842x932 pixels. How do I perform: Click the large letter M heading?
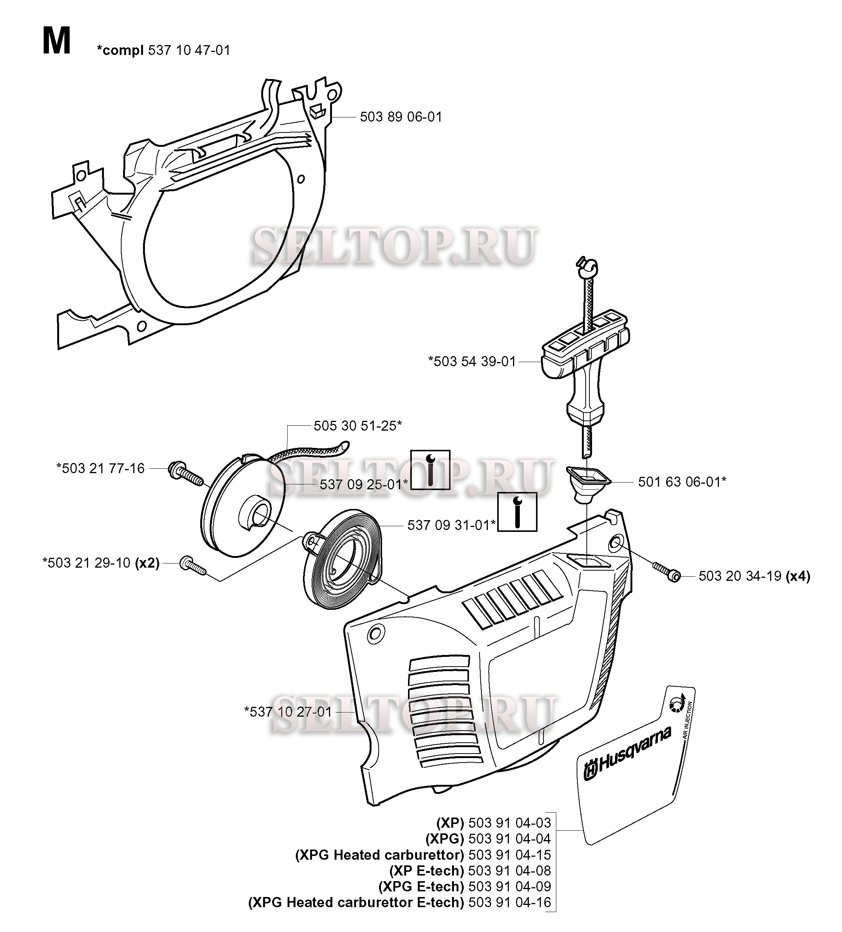[x=56, y=42]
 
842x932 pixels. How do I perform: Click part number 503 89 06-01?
[x=400, y=117]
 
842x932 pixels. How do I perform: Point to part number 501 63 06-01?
[x=682, y=482]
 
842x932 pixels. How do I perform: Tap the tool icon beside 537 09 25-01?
[x=430, y=469]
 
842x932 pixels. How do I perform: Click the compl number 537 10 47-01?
[x=189, y=50]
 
